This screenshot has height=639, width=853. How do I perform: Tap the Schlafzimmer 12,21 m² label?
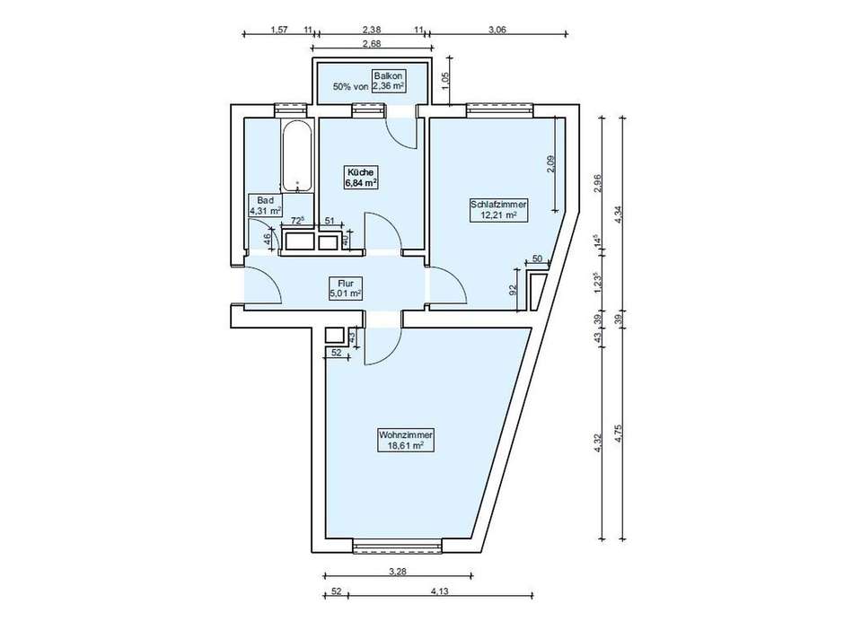coord(497,210)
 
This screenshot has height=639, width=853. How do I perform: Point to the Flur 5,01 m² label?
coord(346,288)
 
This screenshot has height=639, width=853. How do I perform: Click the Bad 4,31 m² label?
coord(266,205)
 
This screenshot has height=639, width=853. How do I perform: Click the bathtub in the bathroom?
coord(297,156)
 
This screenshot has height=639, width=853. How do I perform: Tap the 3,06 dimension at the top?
coord(497,30)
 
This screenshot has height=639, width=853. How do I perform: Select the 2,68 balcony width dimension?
coord(371,44)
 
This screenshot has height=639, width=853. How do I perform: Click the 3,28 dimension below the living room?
coord(398,571)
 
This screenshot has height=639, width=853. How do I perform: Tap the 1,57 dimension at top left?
coord(279,30)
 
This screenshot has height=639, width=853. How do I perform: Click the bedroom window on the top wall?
coord(499,110)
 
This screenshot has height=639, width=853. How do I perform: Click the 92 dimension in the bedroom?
coord(512,290)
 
